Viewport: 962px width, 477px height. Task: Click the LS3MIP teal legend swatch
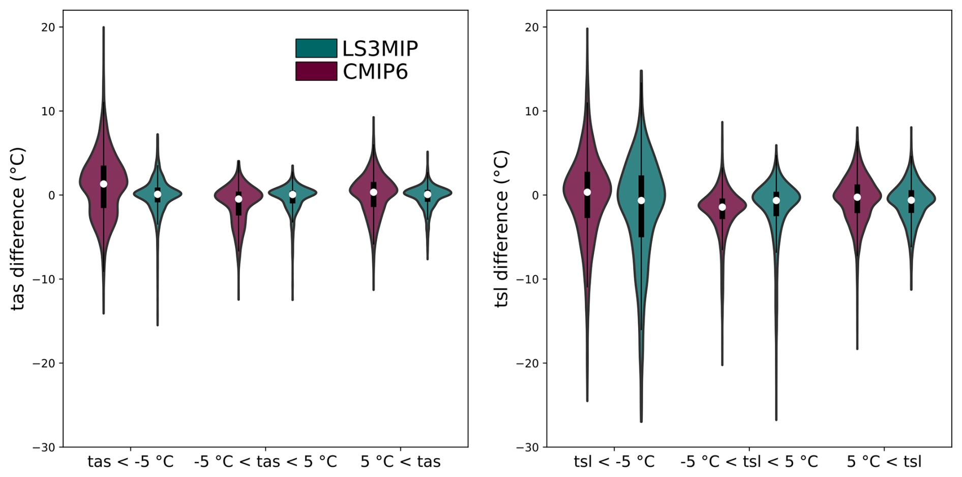(x=316, y=48)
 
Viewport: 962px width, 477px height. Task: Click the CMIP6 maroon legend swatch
(x=316, y=71)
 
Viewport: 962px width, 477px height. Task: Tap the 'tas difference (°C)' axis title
(x=18, y=229)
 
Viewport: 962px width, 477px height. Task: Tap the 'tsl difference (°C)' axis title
(x=501, y=229)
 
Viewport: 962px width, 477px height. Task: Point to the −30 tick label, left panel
(x=44, y=447)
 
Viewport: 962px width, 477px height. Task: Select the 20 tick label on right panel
(x=532, y=27)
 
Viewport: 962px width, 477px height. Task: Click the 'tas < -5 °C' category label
(x=131, y=462)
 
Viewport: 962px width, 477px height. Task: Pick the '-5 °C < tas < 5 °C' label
(x=265, y=462)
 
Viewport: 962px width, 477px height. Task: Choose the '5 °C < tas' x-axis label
(x=401, y=462)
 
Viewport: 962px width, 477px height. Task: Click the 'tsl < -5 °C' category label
(x=614, y=462)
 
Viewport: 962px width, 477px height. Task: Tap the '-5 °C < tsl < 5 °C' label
(x=749, y=462)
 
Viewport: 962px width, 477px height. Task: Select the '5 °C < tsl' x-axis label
(x=884, y=462)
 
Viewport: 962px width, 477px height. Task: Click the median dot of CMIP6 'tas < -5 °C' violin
(x=104, y=184)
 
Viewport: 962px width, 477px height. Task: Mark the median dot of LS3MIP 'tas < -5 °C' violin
(x=158, y=194)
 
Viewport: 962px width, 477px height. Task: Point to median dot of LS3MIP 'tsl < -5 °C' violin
(x=641, y=201)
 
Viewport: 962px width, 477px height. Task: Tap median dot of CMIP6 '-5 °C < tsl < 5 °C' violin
(x=722, y=207)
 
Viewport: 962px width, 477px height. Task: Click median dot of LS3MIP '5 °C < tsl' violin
(x=911, y=200)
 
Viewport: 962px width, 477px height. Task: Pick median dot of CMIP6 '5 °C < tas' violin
(x=374, y=192)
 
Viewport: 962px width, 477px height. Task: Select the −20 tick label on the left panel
(x=44, y=363)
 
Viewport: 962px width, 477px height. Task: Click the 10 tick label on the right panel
(x=532, y=111)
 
